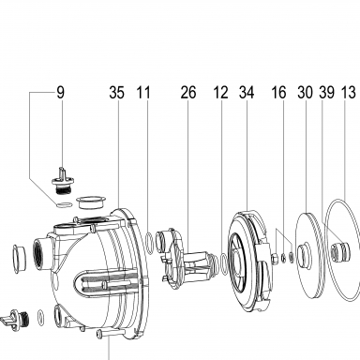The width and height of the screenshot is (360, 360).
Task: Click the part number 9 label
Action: [x=60, y=93]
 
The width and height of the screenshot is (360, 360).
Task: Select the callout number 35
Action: [x=116, y=93]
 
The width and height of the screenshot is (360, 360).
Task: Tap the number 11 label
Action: [x=143, y=93]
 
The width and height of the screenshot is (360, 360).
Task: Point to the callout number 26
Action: [x=188, y=93]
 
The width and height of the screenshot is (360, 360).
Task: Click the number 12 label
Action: [x=220, y=93]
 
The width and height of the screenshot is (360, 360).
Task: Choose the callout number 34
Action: [x=247, y=93]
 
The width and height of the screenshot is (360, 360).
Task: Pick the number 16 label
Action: [x=278, y=93]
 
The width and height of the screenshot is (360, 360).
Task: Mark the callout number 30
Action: [x=305, y=93]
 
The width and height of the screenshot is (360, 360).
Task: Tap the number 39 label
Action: [x=327, y=93]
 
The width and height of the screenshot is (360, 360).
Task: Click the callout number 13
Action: [x=349, y=93]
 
